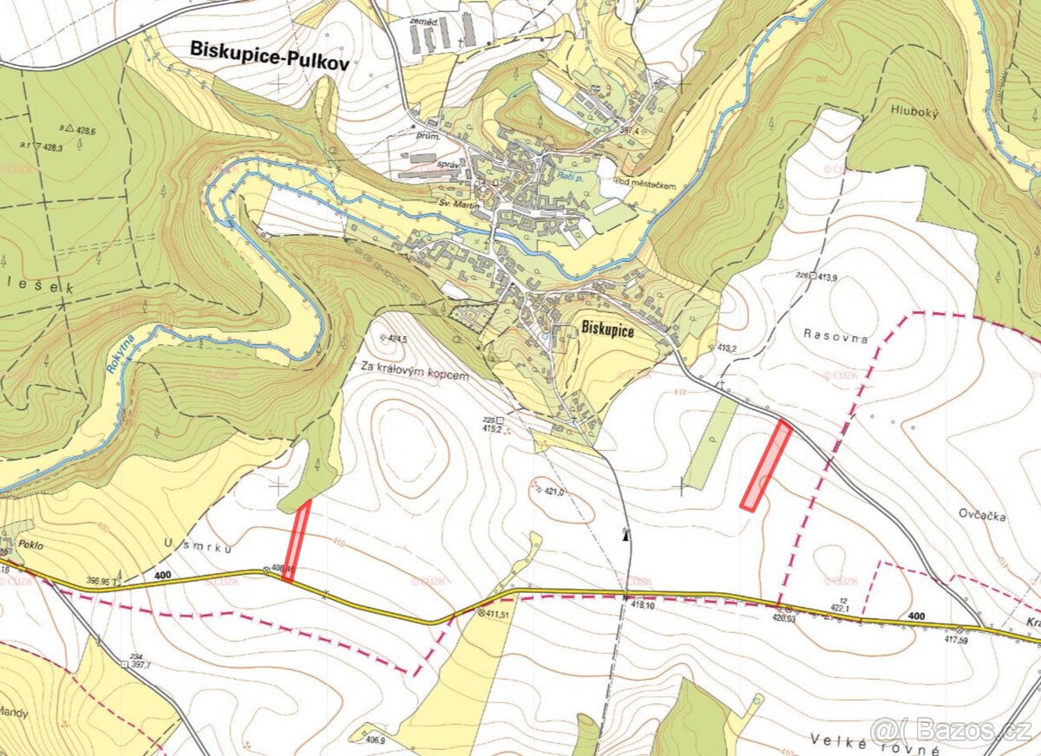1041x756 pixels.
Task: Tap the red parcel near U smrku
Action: click(297, 541)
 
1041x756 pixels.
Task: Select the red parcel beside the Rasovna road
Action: click(766, 465)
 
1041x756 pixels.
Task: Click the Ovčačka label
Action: click(983, 516)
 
